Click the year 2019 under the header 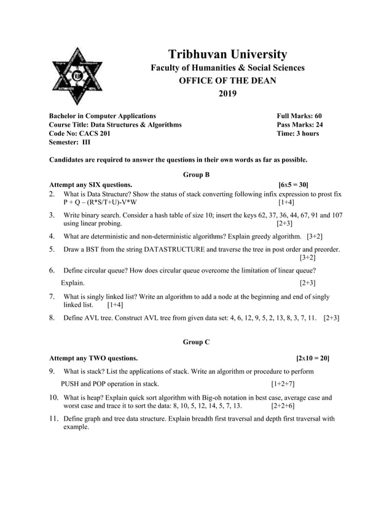pos(227,94)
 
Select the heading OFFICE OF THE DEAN pos(227,81)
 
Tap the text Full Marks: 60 pos(299,116)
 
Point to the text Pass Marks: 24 pos(300,124)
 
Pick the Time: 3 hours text pos(298,133)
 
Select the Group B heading pos(197,175)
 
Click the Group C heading pos(197,342)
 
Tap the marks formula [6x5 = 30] pos(293,185)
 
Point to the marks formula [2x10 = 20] pos(312,357)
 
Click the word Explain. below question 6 pos(73,283)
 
